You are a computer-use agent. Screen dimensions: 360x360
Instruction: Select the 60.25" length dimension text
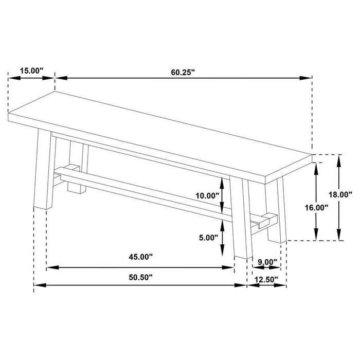184,72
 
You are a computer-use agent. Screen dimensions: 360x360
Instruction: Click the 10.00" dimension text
207,195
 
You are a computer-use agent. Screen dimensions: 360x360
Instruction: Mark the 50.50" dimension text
140,277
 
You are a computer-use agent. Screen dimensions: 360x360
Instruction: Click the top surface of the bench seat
159,134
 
